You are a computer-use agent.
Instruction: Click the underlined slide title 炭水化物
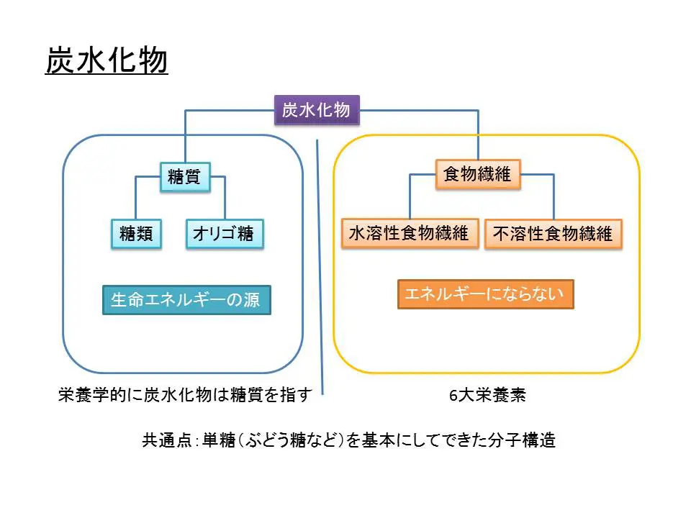tap(107, 62)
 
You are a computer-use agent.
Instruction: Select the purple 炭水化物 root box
tap(316, 110)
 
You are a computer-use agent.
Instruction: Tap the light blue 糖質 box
tap(184, 176)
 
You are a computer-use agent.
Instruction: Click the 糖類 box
tap(136, 234)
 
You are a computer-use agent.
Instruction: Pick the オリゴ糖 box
tap(224, 234)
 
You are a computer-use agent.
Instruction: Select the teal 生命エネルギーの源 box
tap(186, 299)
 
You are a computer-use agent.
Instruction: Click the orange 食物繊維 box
tap(477, 174)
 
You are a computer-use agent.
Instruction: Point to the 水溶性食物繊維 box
tap(410, 233)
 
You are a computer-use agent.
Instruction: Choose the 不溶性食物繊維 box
tap(553, 234)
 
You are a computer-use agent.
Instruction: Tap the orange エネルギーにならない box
tap(485, 294)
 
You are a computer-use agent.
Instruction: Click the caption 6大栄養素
tap(487, 396)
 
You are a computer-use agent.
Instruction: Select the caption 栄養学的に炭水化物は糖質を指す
tap(186, 395)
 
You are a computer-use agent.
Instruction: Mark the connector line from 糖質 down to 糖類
tap(136, 198)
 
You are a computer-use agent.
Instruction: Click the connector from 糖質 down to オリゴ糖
tap(225, 198)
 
